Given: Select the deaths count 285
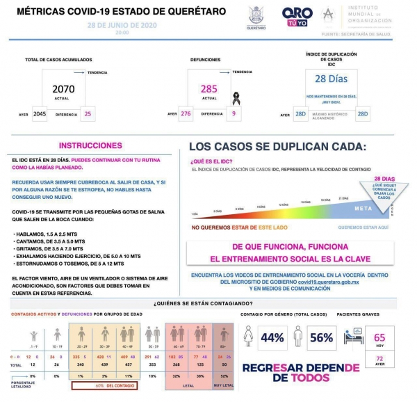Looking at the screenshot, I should point(209,90).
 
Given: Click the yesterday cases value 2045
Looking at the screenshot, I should point(40,113).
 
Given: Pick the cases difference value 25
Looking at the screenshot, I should point(88,113).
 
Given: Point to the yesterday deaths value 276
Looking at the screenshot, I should point(186,113).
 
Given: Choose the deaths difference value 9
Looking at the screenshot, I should point(234,113).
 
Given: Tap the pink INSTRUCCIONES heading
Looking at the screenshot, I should point(90,146).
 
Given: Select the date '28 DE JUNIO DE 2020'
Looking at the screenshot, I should point(122,25).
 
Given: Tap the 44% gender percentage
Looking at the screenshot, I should point(272,338).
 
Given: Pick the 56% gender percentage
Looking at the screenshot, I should point(321,338).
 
